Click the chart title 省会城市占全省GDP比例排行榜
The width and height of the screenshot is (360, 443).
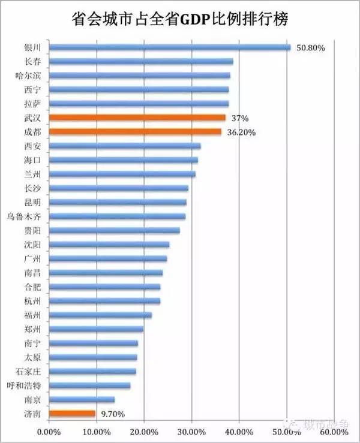[180, 19]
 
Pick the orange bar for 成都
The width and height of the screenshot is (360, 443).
[135, 132]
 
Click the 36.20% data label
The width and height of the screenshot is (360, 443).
[242, 132]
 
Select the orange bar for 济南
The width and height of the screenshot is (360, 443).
[72, 413]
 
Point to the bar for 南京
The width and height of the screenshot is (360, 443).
[82, 399]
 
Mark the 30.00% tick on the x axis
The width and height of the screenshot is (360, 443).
[191, 431]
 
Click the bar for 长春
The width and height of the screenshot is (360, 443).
[140, 61]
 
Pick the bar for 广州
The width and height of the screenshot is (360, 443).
[107, 258]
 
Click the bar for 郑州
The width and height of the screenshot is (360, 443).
[95, 329]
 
